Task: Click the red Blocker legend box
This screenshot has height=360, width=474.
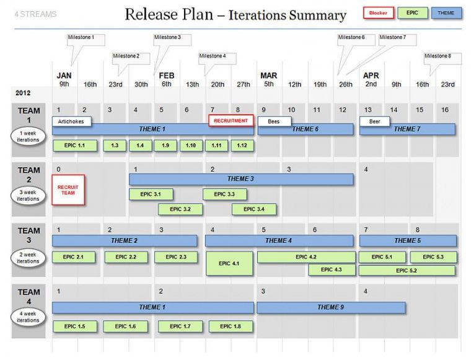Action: (x=379, y=13)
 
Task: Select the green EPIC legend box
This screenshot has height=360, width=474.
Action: (x=412, y=12)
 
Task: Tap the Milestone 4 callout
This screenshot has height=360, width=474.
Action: (x=217, y=58)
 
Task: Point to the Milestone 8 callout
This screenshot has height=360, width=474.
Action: (x=442, y=58)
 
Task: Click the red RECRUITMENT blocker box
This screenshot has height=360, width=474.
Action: (x=230, y=121)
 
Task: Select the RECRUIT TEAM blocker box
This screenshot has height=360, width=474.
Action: (x=68, y=190)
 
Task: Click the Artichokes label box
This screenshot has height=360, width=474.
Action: (x=71, y=121)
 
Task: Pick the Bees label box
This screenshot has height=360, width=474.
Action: (x=274, y=121)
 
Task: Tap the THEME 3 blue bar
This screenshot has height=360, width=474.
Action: (x=241, y=179)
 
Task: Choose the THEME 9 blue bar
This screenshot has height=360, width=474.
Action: (x=331, y=307)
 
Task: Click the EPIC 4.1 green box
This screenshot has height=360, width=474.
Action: (x=229, y=263)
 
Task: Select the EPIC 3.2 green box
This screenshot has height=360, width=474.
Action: (x=180, y=209)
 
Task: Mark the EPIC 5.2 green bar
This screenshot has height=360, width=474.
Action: (x=407, y=271)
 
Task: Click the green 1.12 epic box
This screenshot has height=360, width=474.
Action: (x=242, y=146)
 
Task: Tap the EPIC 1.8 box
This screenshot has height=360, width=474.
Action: (x=230, y=327)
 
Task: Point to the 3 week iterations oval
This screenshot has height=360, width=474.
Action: (x=28, y=196)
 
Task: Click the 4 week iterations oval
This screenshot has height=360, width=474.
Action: (x=28, y=317)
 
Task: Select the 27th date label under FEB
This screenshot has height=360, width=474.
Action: (x=243, y=85)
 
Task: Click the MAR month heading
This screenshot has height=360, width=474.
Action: (x=269, y=76)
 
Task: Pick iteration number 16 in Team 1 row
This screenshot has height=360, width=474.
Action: (x=445, y=110)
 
